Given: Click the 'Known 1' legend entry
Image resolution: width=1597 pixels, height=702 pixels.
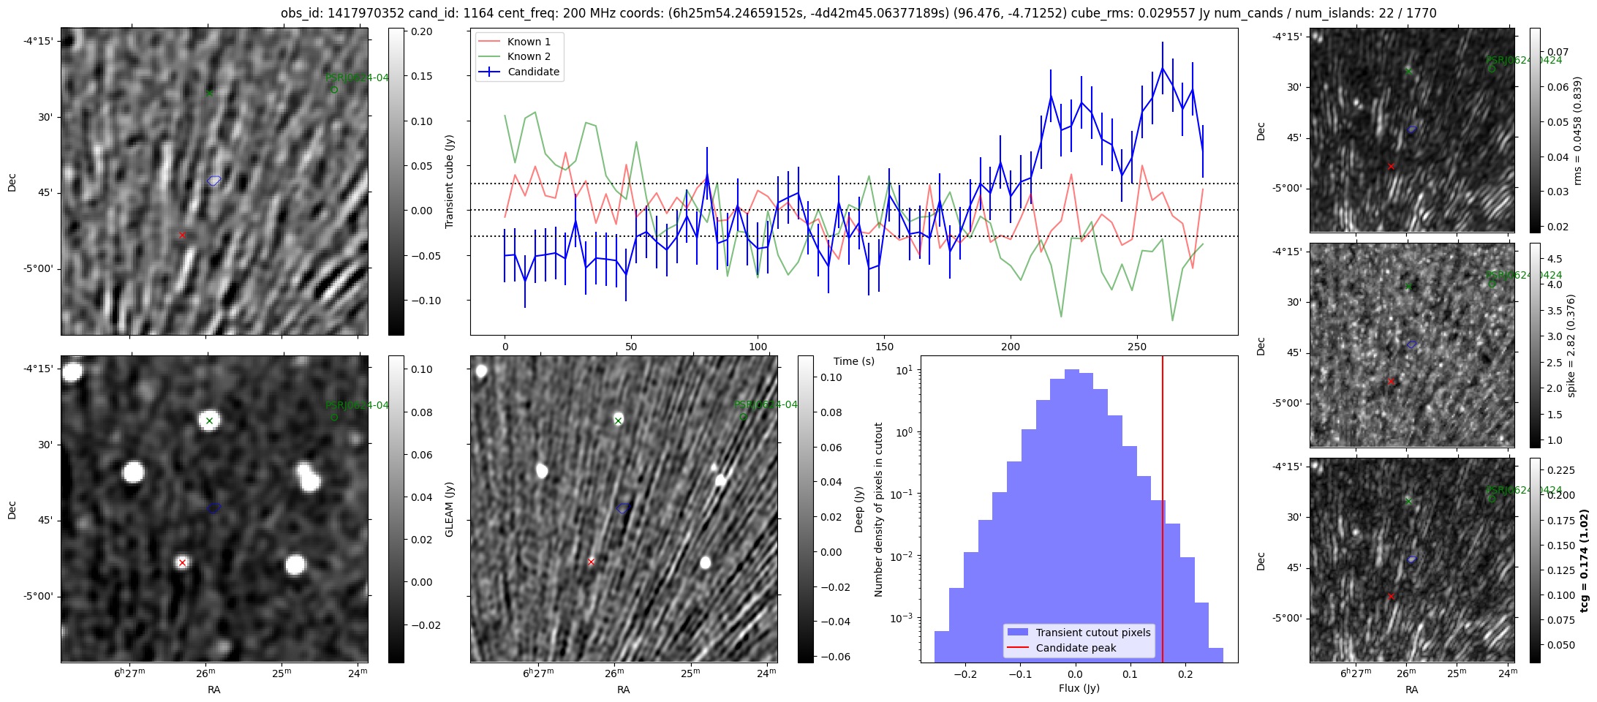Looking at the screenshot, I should coord(529,42).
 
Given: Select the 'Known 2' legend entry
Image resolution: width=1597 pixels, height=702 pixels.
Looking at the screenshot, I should coord(529,56).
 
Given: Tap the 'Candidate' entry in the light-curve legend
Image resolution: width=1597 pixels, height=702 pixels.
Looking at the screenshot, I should coord(533,72).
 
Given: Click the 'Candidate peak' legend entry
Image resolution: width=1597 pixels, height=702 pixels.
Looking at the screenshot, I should coord(1076,648).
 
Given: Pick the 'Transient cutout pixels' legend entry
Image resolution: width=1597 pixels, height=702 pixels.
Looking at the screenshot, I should coord(1092,633).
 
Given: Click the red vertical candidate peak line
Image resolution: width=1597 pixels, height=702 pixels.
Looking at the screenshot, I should coord(1163,512).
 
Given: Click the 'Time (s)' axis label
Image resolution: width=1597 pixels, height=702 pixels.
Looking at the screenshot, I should coord(854,361).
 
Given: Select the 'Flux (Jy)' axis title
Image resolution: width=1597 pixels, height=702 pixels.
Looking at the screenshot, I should coord(1079,688).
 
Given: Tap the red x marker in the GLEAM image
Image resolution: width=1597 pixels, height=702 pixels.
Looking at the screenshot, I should coord(182,562).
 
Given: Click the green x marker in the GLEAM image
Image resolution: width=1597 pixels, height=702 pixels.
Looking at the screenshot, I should coord(209,420).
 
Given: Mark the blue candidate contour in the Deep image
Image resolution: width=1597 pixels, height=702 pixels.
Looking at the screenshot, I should coord(624,507).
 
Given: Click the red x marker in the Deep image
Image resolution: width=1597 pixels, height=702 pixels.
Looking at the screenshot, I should coord(592,562).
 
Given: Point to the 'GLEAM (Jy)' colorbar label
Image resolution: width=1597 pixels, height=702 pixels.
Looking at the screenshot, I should coord(450,509).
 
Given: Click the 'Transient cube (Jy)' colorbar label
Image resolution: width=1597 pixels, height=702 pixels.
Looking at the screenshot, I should coord(450,181).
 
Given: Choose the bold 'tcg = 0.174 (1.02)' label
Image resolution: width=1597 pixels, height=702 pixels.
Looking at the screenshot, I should coord(1584,561).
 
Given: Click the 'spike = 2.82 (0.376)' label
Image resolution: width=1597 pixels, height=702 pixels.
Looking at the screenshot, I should coord(1571,345).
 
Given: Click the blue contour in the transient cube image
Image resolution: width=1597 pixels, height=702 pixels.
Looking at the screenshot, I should coord(214,180).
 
